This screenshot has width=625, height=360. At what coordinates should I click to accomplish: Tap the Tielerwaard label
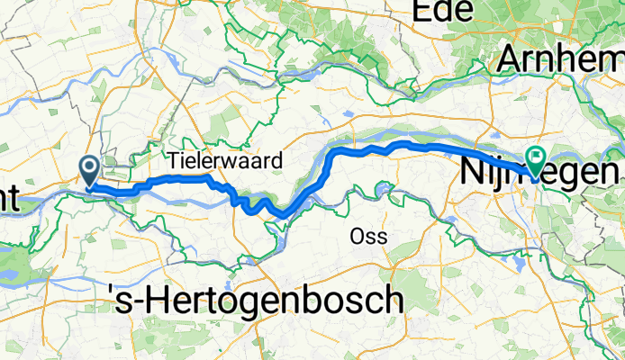point(225,160)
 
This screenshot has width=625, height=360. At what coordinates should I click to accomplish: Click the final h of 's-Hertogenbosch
point(394,298)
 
